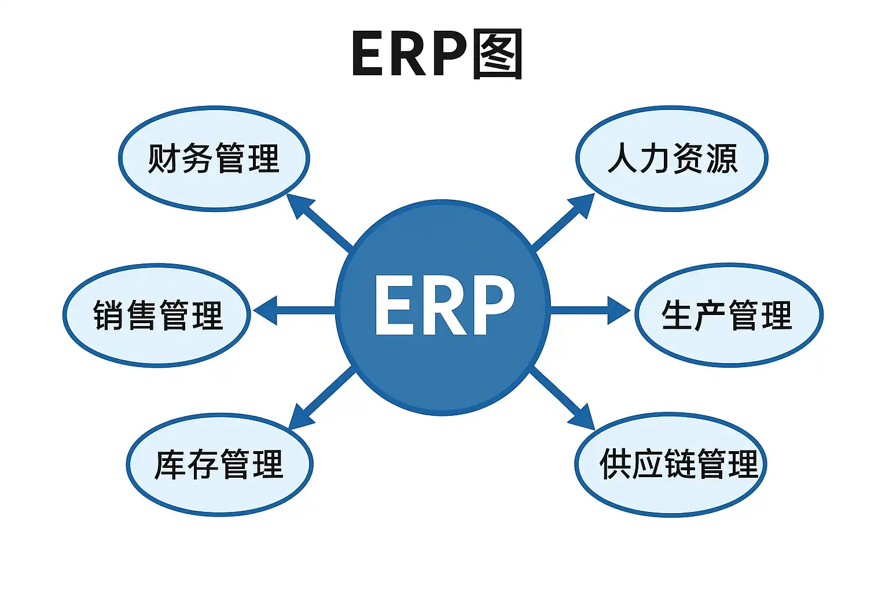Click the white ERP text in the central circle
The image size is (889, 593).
pyautogui.click(x=444, y=305)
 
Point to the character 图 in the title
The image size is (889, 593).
pyautogui.click(x=497, y=54)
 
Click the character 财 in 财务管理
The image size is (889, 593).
pyautogui.click(x=164, y=158)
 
